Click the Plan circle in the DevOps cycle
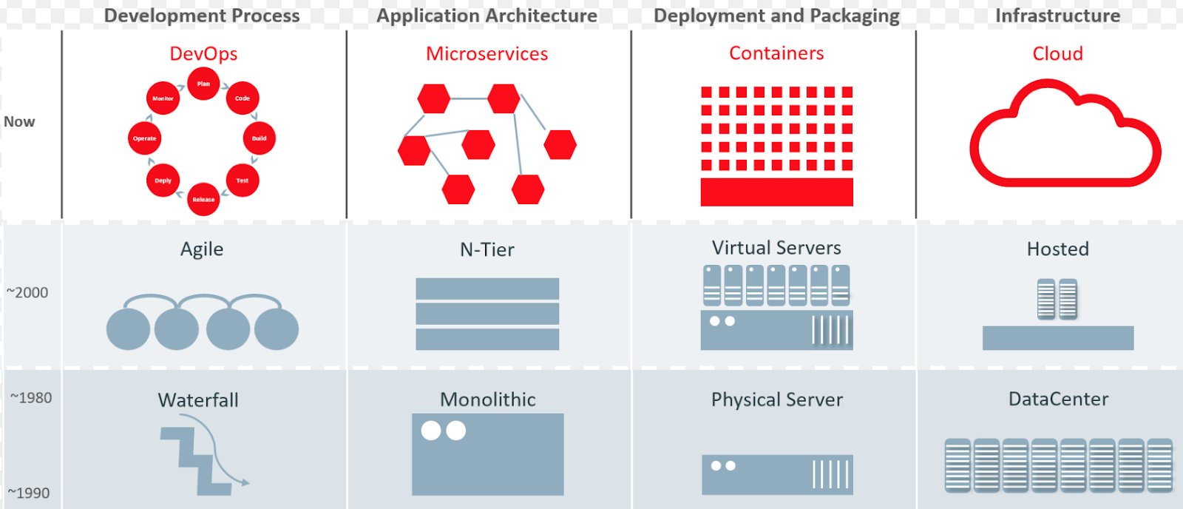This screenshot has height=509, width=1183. click(x=203, y=84)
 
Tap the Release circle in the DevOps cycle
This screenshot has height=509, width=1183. click(x=203, y=199)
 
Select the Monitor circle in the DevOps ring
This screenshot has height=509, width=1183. click(x=163, y=98)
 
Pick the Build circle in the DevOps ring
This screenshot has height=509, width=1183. click(x=259, y=138)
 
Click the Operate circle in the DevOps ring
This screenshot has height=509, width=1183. click(x=144, y=138)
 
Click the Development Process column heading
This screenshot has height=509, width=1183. click(x=202, y=16)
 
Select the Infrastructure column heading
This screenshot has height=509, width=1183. click(x=1057, y=16)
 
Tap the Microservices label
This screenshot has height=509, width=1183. click(x=487, y=53)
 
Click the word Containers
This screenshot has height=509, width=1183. click(x=776, y=53)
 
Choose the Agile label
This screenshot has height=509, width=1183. click(x=202, y=249)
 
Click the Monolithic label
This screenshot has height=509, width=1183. click(x=488, y=400)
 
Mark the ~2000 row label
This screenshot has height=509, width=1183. click(x=27, y=292)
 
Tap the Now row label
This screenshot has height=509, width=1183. click(x=19, y=122)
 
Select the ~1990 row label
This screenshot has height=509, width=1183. click(x=29, y=493)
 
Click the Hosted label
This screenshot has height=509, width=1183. click(x=1057, y=249)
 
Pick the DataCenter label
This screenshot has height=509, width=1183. click(x=1058, y=400)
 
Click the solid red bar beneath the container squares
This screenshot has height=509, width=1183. click(x=776, y=192)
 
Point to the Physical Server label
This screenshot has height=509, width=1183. click(x=776, y=400)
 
